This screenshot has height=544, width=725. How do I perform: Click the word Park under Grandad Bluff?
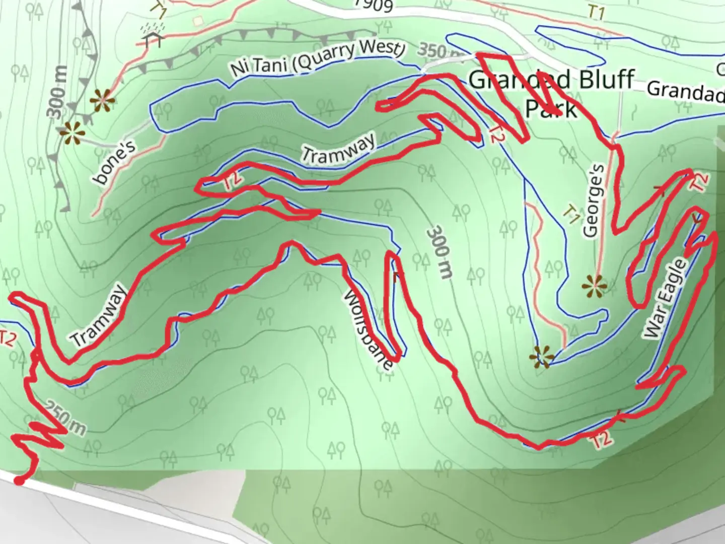click(551, 108)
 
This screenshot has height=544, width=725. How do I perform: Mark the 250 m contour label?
click(66, 418)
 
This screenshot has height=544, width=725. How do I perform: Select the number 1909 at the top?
click(373, 5)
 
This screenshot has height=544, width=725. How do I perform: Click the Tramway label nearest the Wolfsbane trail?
click(338, 147)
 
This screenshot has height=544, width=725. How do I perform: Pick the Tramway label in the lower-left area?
click(98, 315)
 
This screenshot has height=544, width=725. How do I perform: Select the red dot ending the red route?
click(19, 481)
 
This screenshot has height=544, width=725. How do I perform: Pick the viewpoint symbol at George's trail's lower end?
click(595, 287)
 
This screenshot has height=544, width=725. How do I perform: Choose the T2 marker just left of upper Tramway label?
click(232, 181)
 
